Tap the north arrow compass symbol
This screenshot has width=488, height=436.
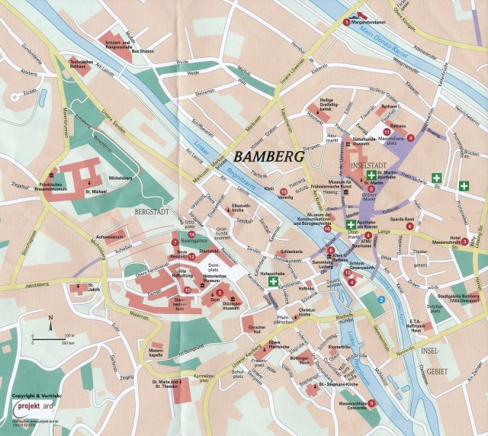tap(50, 329)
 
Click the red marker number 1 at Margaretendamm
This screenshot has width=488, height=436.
tap(345, 23)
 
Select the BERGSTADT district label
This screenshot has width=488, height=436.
tap(154, 209)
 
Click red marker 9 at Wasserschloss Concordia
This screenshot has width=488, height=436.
tap(371, 402)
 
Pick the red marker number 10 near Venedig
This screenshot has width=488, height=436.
tap(284, 191)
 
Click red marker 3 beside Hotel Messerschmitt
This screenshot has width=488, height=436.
tap(454, 263)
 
